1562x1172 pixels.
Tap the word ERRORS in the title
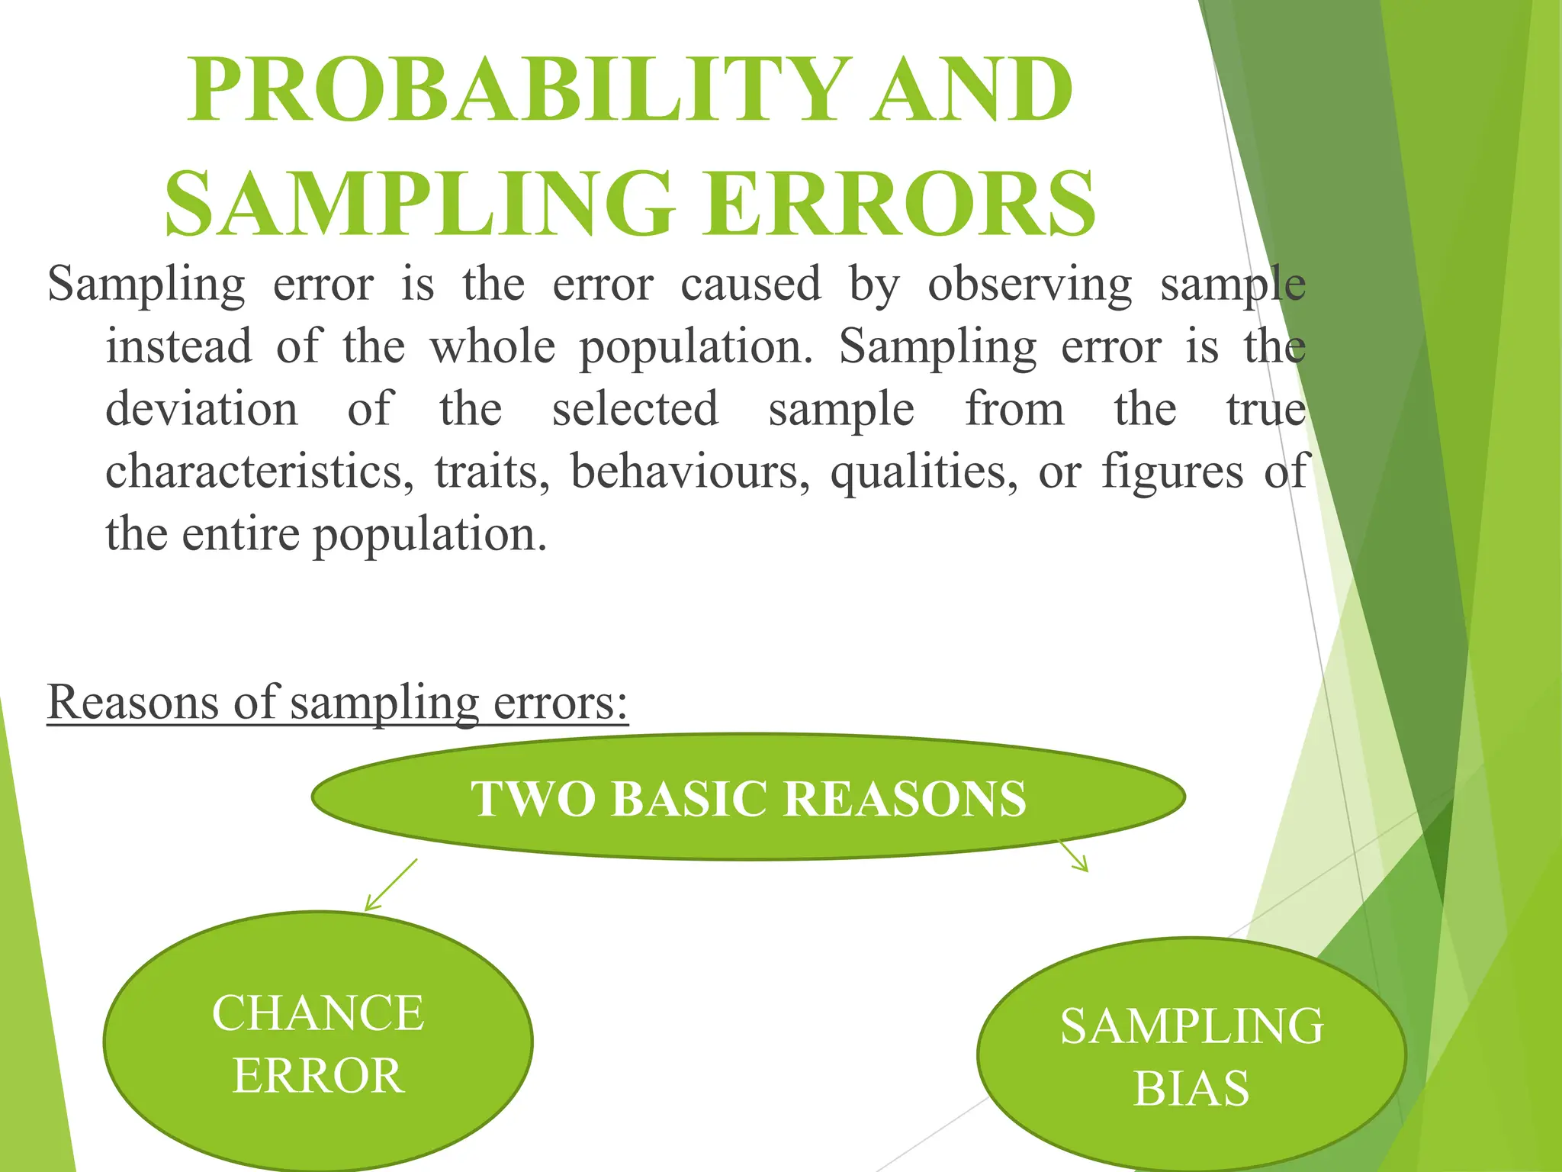click(900, 204)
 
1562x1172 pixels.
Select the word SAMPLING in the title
click(419, 204)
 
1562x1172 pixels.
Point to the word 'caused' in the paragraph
click(750, 285)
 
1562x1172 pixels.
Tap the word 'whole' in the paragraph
click(493, 347)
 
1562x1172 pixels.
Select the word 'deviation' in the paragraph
click(201, 409)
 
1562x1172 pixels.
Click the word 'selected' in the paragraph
click(635, 409)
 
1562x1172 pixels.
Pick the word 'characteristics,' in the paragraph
click(259, 472)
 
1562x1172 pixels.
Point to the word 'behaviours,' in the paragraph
click(689, 472)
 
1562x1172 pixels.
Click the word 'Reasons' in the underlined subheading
click(134, 702)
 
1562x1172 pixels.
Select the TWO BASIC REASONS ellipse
click(747, 798)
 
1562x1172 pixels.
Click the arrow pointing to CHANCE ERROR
click(390, 885)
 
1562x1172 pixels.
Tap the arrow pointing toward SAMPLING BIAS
click(1074, 857)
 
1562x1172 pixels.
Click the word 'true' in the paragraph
click(1265, 409)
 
